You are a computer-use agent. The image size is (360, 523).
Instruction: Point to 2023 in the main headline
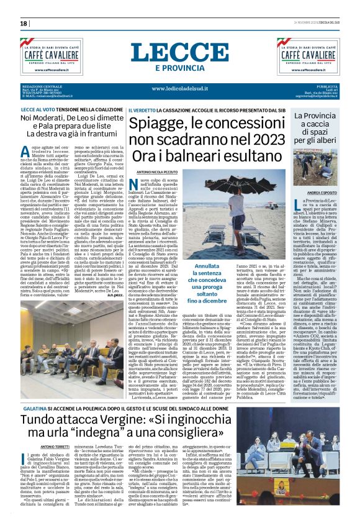point(254,139)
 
